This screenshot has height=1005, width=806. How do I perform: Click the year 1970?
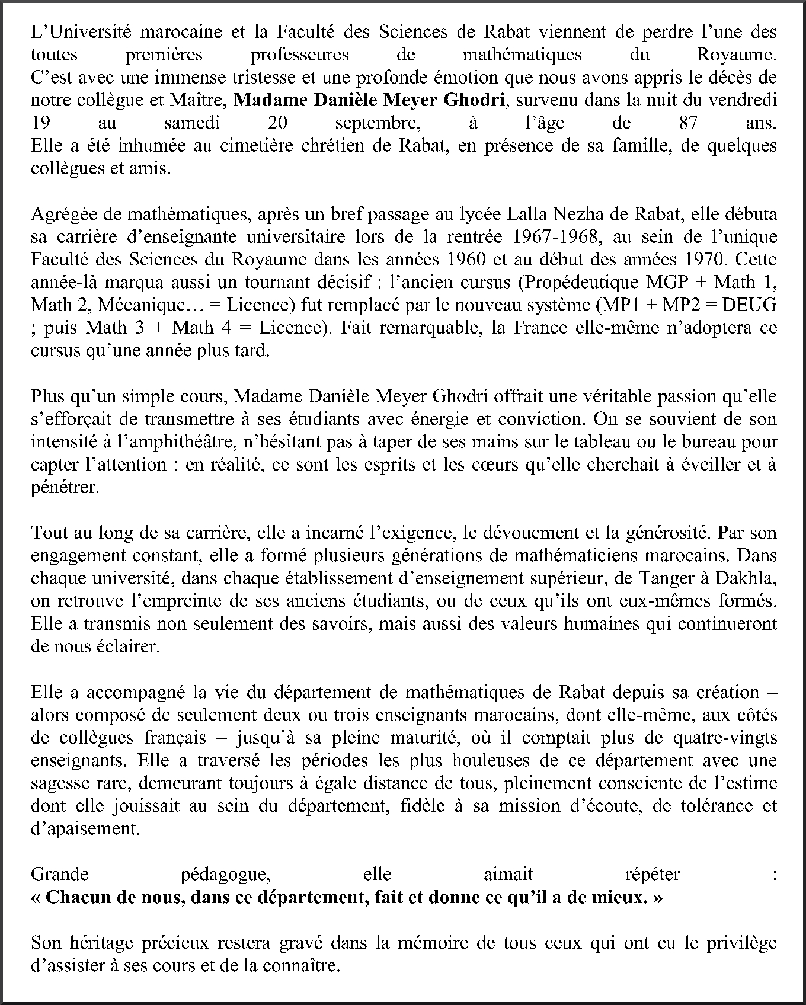pyautogui.click(x=705, y=260)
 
